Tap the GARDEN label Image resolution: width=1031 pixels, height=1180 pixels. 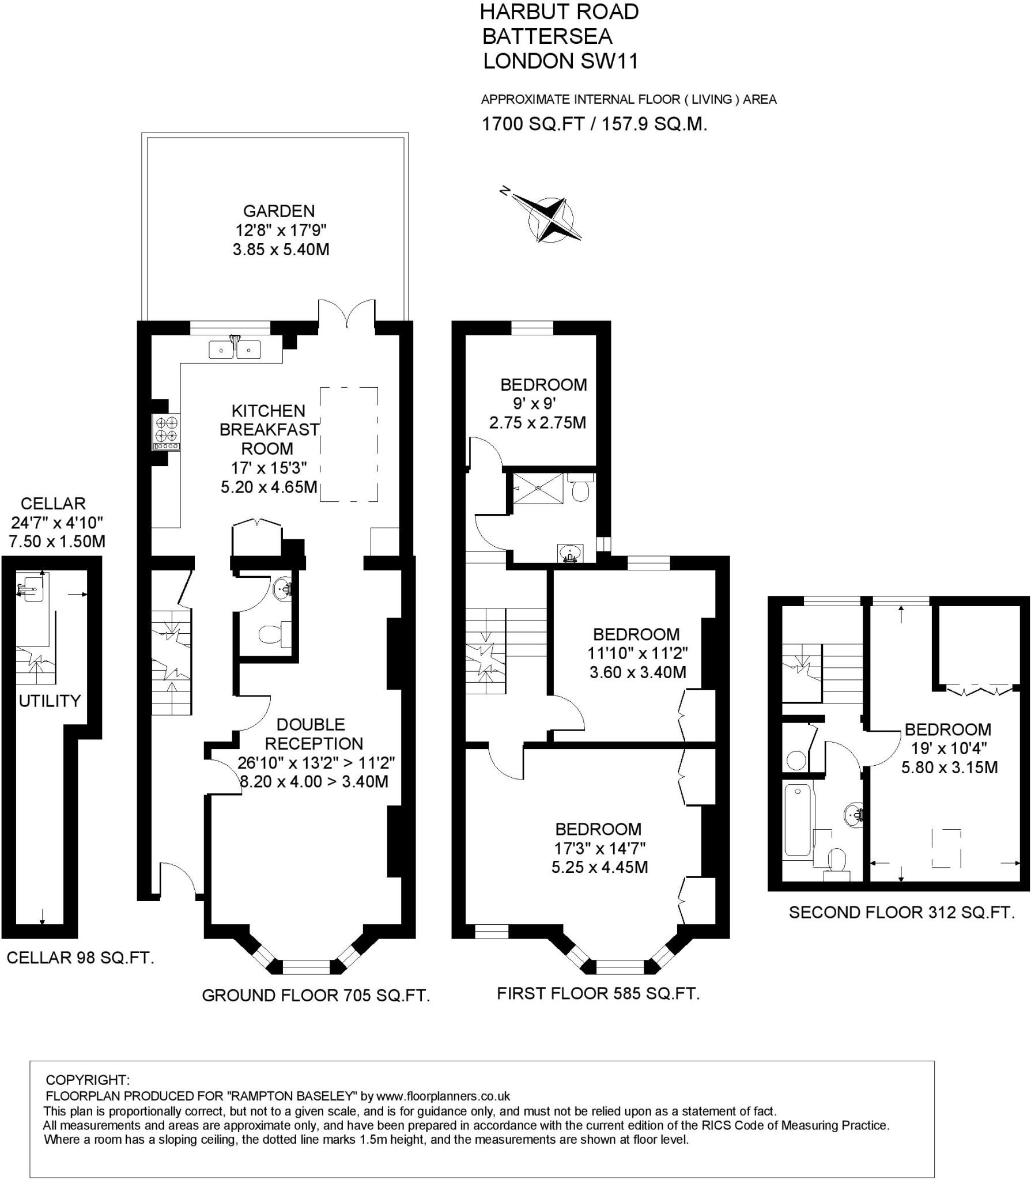(x=279, y=211)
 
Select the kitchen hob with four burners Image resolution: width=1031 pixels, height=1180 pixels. (x=167, y=432)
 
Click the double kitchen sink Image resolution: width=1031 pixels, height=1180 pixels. (x=235, y=349)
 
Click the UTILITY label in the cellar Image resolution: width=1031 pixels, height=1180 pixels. (x=50, y=701)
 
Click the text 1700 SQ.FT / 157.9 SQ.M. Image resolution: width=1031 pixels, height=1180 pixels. (x=594, y=124)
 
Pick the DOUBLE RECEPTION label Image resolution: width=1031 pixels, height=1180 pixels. (x=311, y=733)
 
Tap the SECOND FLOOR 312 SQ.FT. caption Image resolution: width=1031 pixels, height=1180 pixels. (x=901, y=913)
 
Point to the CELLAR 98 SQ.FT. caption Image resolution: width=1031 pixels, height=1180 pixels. (x=80, y=958)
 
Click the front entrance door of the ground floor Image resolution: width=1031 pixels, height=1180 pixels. (x=179, y=879)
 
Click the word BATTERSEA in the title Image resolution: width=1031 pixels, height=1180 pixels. (x=547, y=36)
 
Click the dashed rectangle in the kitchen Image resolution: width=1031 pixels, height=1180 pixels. (x=349, y=444)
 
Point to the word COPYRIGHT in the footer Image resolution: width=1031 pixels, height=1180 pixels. (x=88, y=1080)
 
